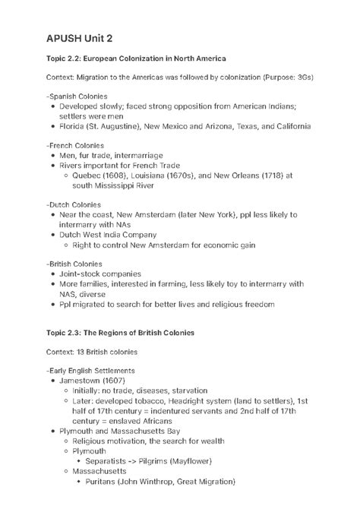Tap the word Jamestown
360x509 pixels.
(x=83, y=380)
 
